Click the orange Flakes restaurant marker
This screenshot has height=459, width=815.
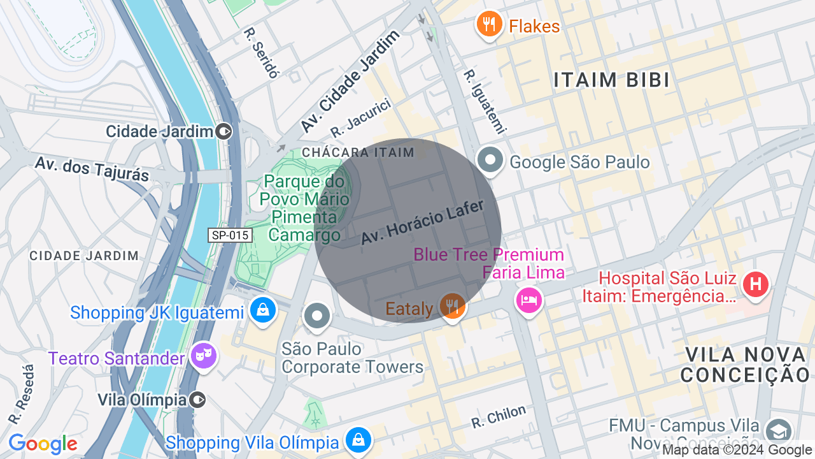[488, 25]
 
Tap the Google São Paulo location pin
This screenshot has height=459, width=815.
[491, 161]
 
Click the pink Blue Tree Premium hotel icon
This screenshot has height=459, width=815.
[529, 298]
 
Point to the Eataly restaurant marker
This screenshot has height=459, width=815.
[452, 306]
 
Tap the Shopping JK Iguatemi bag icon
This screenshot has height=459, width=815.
[262, 310]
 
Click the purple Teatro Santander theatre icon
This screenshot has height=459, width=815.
[204, 356]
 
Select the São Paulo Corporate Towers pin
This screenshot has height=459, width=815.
[317, 316]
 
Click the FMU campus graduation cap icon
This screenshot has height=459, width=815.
[778, 431]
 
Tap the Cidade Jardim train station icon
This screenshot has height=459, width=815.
[224, 131]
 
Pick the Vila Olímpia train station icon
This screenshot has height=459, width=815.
[198, 400]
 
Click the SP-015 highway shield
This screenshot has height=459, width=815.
[230, 235]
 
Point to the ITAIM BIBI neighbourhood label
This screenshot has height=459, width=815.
[611, 80]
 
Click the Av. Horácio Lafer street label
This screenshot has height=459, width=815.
[423, 222]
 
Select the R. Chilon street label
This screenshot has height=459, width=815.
[499, 417]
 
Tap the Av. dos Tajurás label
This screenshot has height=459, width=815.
[92, 168]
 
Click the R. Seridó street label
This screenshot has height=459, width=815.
[262, 53]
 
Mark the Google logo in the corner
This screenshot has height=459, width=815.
[43, 444]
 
